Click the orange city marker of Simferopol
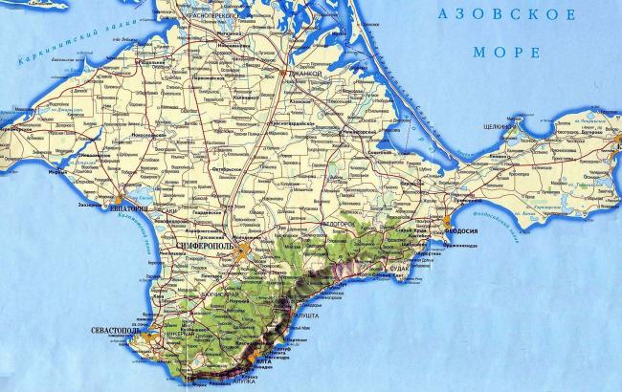click(x=247, y=251)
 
